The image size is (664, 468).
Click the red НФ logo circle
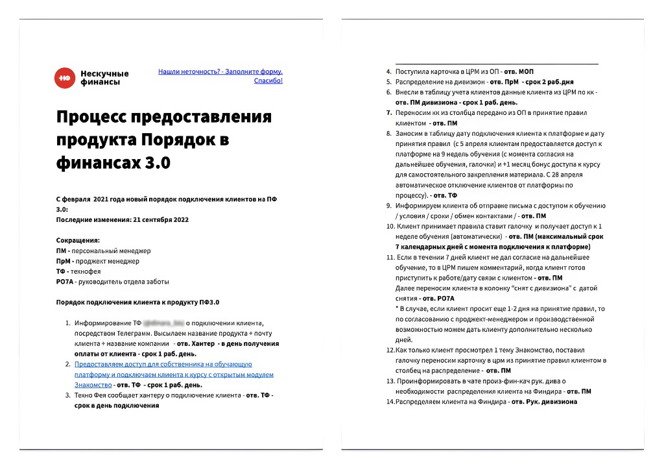point(64,77)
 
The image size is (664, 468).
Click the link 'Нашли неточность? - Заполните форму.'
point(220,71)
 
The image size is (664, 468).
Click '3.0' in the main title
point(156,164)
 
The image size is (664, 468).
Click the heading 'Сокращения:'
point(78,241)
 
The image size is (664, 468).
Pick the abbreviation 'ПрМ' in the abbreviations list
point(64,262)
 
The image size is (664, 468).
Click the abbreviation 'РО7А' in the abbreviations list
point(65,282)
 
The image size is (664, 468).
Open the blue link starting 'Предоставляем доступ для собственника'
point(163,365)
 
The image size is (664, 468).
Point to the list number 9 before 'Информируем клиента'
point(389,206)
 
